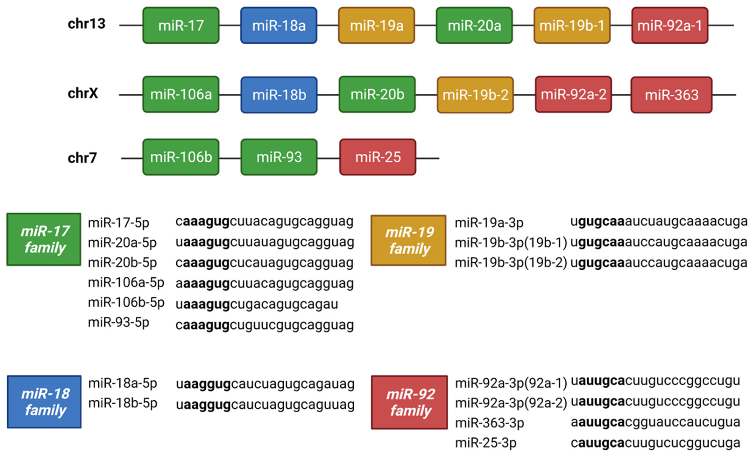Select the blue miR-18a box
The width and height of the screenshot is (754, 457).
click(x=278, y=25)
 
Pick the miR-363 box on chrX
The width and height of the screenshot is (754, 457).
click(x=671, y=95)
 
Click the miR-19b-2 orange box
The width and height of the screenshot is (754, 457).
click(x=475, y=95)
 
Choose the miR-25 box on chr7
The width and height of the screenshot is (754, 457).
click(x=378, y=157)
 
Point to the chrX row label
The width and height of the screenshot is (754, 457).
click(x=83, y=93)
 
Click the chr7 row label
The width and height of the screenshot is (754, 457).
click(x=82, y=158)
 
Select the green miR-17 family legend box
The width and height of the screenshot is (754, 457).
click(x=44, y=239)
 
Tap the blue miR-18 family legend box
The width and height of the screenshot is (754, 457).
click(x=44, y=402)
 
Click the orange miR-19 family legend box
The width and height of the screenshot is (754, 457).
click(x=409, y=240)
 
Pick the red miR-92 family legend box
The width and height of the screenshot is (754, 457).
click(x=409, y=402)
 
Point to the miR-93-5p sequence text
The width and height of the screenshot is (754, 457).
click(x=264, y=325)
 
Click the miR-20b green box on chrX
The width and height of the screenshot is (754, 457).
click(x=377, y=94)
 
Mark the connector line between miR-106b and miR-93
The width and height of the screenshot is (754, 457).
click(x=230, y=159)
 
